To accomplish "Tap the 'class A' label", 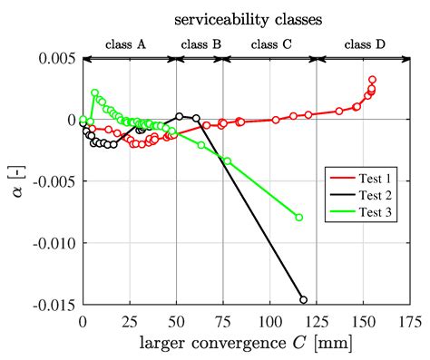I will coord(126,43).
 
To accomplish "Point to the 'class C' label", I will coord(271,43).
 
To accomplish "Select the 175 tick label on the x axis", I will coord(410,321).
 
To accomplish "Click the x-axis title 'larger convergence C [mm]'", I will coord(239,343).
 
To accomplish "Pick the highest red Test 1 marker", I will coord(372,80).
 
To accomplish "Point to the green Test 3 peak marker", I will coord(95,92).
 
